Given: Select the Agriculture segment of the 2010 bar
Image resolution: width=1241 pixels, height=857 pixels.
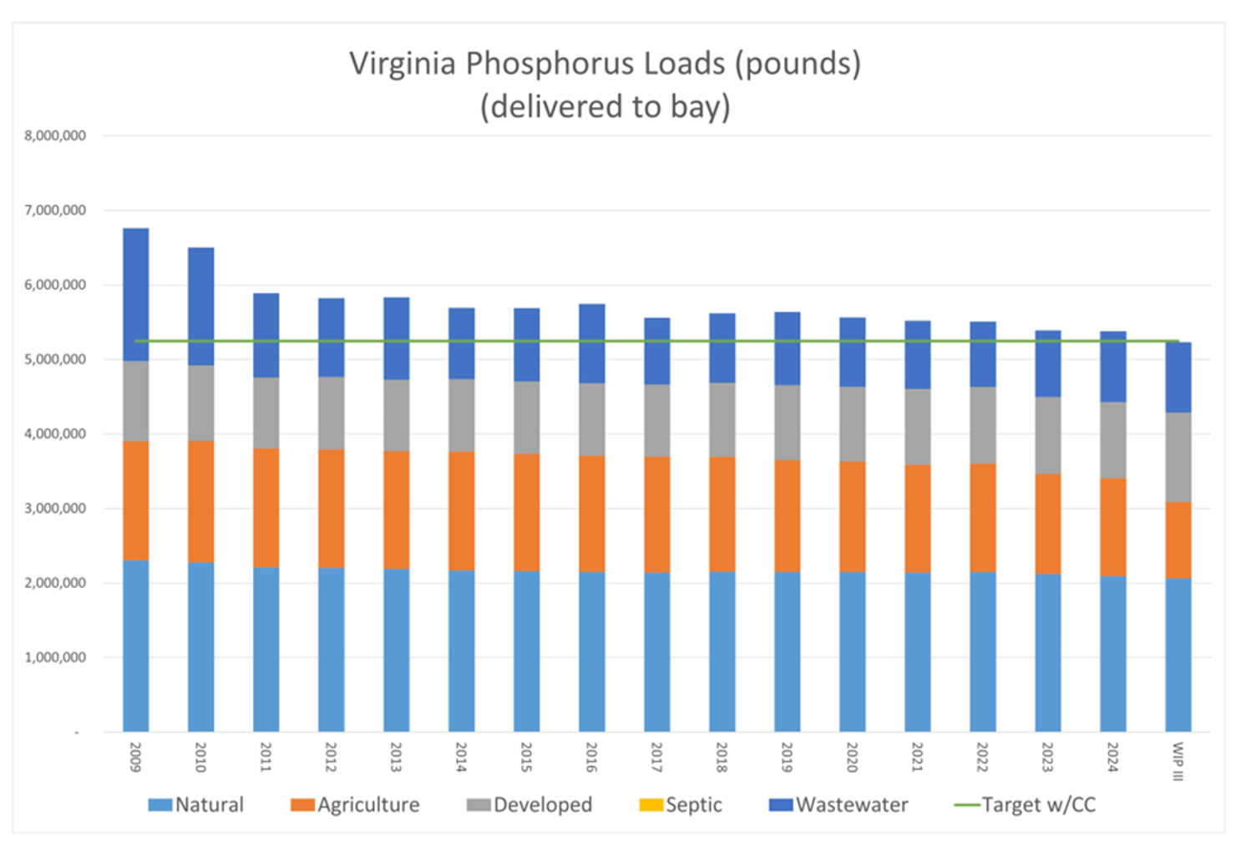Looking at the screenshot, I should point(200,501).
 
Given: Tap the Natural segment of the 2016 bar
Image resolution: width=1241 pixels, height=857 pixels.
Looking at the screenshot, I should point(591,652).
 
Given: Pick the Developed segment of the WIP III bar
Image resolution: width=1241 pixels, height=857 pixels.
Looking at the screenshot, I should point(1178,457).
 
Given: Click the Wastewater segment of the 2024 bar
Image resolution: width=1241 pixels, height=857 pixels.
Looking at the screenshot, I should point(1112,367).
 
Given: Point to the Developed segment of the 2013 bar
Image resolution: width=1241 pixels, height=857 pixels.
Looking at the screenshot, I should point(396,415).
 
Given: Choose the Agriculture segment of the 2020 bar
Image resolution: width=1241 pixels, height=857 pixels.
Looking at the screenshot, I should point(852,516).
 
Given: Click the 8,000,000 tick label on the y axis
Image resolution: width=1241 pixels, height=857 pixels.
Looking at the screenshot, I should point(55,135).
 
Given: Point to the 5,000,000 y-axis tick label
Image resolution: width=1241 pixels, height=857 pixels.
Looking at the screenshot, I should point(55,359).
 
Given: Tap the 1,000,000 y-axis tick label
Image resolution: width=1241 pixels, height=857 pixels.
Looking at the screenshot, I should point(55,657).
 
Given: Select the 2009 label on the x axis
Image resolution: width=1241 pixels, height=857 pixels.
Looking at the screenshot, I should point(135,757).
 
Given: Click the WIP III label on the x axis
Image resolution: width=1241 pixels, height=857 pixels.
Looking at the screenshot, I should point(1178,761).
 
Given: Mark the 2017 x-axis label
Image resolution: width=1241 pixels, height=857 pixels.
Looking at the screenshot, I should point(656,757).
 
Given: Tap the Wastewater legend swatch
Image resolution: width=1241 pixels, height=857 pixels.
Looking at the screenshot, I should point(780,804).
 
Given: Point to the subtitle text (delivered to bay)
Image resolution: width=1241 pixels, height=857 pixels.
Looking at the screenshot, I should point(605,107).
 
